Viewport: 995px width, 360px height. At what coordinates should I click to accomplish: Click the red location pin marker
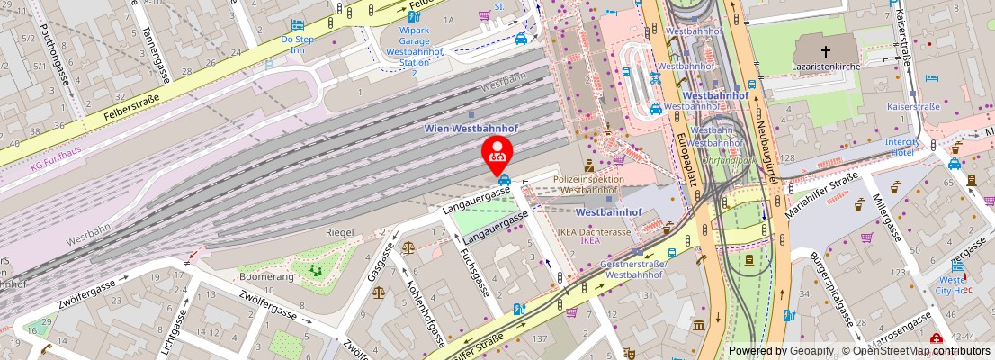(497, 154)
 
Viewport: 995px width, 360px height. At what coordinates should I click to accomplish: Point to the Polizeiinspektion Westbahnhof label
(588, 184)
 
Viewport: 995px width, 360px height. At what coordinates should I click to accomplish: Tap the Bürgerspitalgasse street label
(829, 287)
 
